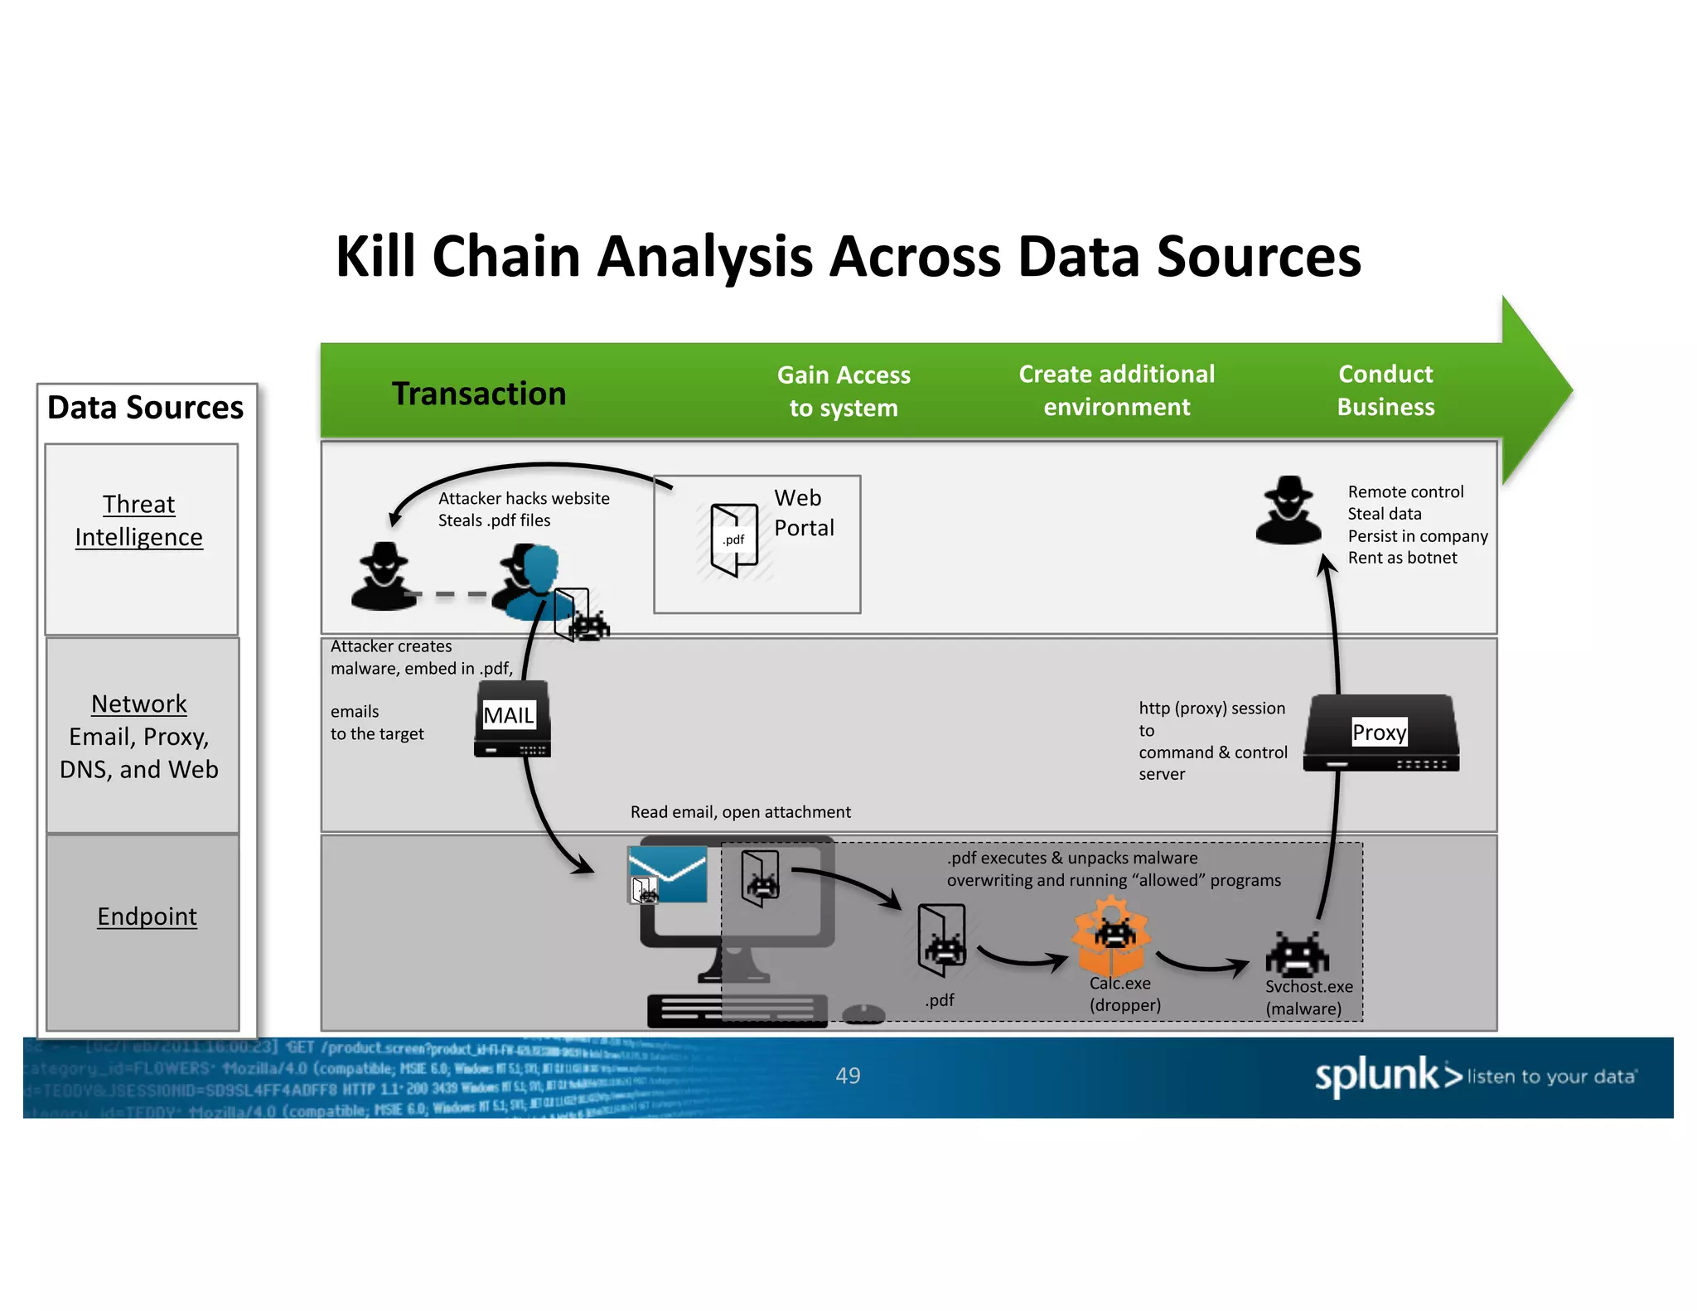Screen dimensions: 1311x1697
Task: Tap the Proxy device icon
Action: coord(1380,733)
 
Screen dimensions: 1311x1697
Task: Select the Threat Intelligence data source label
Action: coord(139,520)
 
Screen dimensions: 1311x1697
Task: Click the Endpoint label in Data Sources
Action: coord(147,917)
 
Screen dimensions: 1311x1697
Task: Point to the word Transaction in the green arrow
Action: coord(478,394)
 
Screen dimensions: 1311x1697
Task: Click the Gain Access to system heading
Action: coord(844,391)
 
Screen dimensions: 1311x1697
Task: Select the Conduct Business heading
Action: coord(1385,390)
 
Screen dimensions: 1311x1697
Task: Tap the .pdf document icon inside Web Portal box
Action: coord(734,539)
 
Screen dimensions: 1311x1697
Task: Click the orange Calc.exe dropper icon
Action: coord(1110,940)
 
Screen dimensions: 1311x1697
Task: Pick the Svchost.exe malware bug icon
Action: coord(1297,955)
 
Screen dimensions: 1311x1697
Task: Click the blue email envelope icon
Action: coord(668,873)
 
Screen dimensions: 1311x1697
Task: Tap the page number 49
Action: coord(848,1076)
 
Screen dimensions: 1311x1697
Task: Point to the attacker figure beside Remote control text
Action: coord(1288,510)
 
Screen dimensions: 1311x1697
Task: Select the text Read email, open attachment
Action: coord(740,812)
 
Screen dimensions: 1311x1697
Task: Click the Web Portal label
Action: coord(803,513)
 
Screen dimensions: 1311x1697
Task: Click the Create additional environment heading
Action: coord(1116,390)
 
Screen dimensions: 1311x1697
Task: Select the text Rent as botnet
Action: coord(1402,558)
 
